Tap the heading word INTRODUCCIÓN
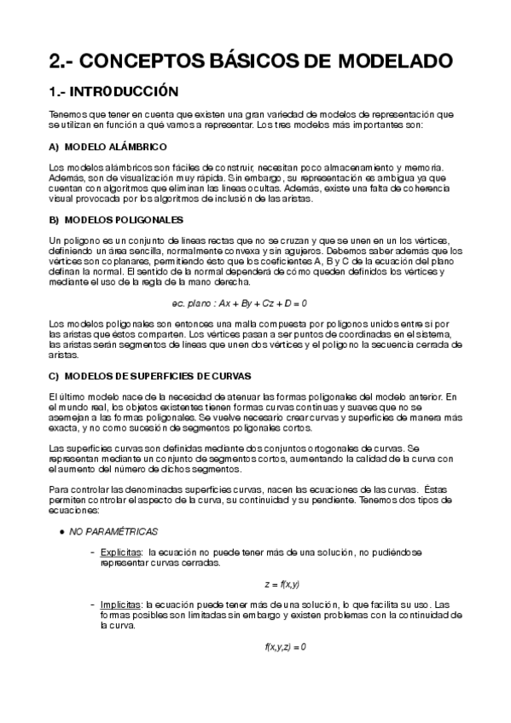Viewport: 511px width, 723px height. point(125,90)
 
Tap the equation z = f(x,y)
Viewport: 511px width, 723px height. point(282,584)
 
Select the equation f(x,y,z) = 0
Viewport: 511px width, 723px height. point(285,646)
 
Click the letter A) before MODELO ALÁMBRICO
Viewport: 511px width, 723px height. point(55,147)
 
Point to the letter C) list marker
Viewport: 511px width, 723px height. point(55,376)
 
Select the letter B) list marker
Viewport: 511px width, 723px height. point(55,220)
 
